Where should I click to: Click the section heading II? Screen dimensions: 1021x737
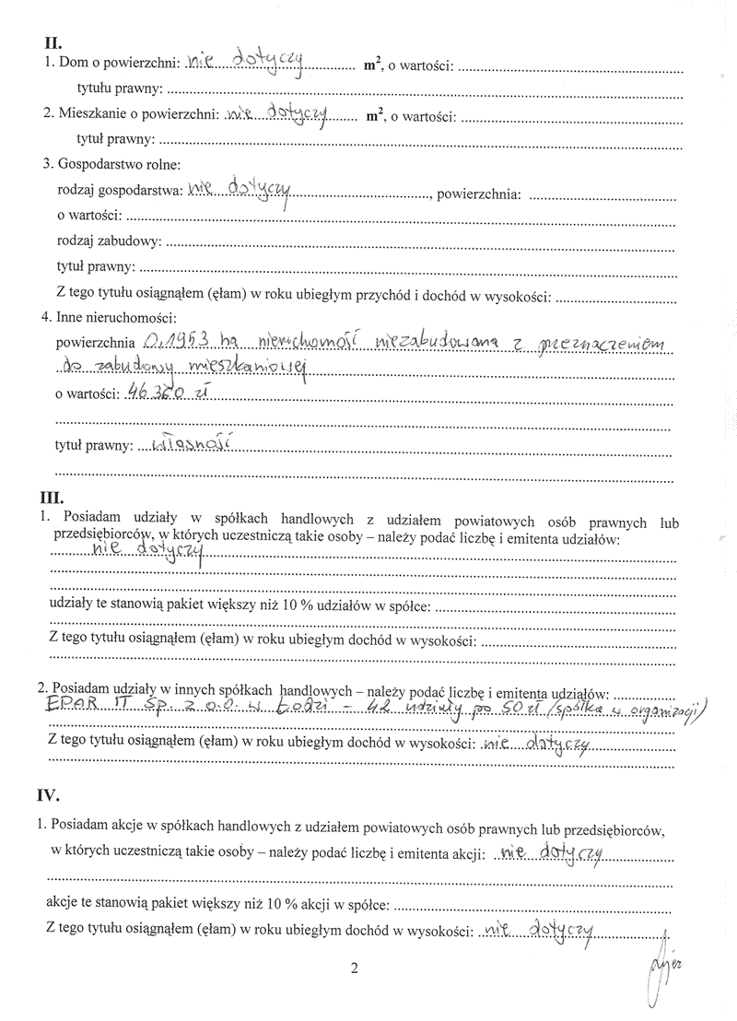[x=53, y=42]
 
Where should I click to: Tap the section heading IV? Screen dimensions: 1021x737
[x=58, y=793]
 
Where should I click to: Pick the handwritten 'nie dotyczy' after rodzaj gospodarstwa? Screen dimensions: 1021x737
[x=238, y=191]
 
